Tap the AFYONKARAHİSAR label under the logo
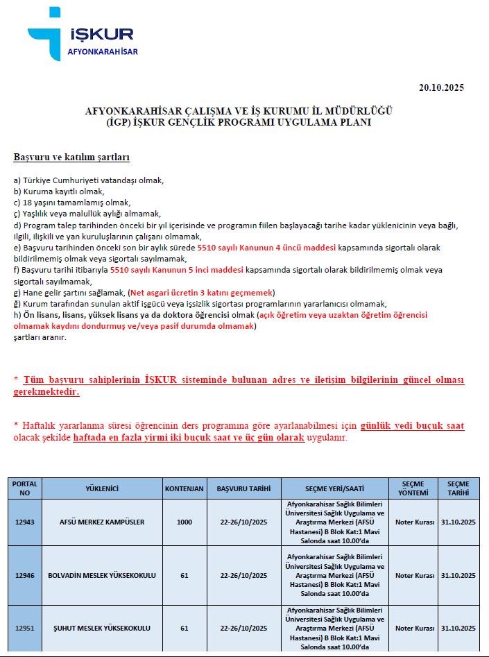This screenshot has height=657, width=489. (x=103, y=52)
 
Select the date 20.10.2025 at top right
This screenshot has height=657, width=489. (x=441, y=87)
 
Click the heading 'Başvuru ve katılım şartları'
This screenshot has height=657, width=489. (x=71, y=157)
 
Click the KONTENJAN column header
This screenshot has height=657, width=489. (x=185, y=488)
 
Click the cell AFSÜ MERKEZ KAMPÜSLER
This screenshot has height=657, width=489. (x=102, y=522)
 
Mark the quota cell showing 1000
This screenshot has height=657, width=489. (x=185, y=522)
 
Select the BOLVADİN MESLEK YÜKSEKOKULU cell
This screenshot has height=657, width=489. (x=102, y=575)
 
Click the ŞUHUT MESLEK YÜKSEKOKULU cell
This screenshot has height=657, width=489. (x=102, y=628)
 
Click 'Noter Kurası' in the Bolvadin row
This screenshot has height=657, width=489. (x=415, y=575)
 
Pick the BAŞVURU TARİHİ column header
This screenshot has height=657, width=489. (x=243, y=488)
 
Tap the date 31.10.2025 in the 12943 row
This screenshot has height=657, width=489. (x=458, y=522)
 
